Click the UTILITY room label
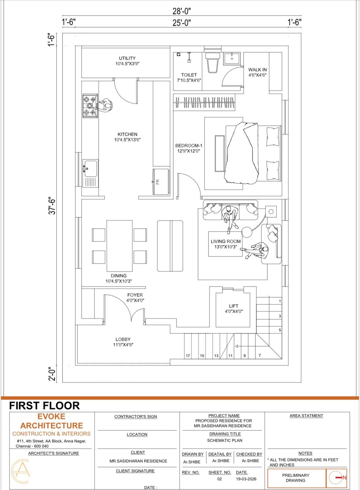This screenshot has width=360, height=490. tap(127, 58)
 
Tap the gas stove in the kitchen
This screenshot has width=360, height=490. tap(90, 106)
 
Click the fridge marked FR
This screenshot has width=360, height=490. tap(161, 182)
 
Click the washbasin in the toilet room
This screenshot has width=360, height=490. tap(232, 58)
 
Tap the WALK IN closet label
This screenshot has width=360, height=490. tap(257, 70)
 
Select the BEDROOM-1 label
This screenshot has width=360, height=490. tap(189, 145)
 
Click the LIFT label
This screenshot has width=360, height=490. tap(234, 306)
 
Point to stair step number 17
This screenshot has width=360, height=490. tap(188, 356)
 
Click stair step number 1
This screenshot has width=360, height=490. tap(280, 301)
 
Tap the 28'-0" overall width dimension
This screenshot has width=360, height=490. tap(182, 11)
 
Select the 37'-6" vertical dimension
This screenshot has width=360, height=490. tap(52, 205)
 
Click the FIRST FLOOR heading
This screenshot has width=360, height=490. tap(44, 406)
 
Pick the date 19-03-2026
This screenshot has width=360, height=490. tap(246, 479)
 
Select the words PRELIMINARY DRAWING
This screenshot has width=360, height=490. tap(296, 478)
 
